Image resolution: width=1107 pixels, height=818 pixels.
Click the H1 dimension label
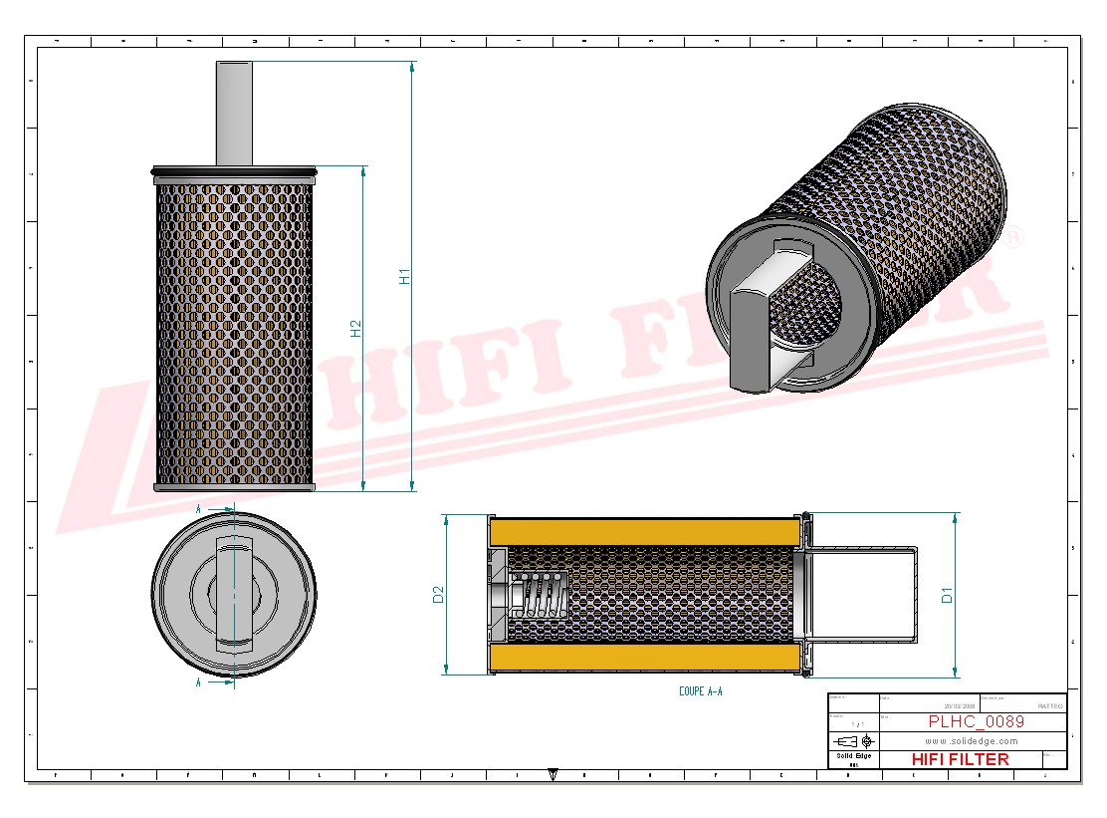[404, 276]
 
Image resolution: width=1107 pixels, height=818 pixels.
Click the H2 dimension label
[355, 328]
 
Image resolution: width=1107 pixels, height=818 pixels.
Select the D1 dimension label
[948, 595]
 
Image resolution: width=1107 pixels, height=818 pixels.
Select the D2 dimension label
[437, 595]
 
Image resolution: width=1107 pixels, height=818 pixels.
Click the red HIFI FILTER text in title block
[960, 759]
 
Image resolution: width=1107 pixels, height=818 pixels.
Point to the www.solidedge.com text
[971, 741]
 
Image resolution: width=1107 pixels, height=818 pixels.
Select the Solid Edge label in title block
[853, 756]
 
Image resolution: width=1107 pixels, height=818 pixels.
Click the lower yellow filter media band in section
[645, 658]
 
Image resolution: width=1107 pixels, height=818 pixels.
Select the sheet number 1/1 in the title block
[854, 723]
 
